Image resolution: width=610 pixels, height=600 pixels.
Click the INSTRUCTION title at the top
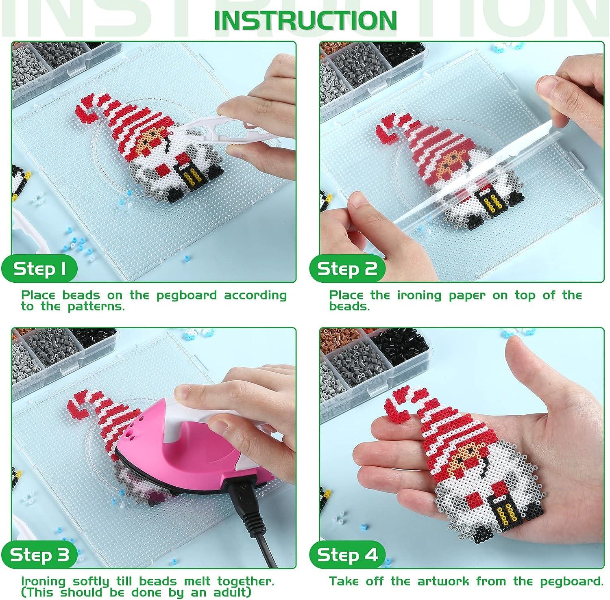click(x=305, y=19)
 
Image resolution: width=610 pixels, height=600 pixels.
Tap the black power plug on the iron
click(x=240, y=502)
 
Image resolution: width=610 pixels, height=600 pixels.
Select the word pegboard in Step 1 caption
click(x=187, y=295)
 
